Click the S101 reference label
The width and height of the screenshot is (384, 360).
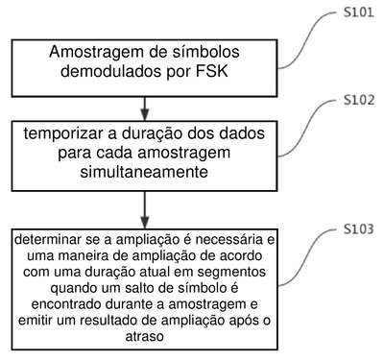coord(359,12)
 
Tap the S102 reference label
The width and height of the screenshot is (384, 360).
coord(359,100)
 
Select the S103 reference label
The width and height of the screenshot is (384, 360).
coord(358,229)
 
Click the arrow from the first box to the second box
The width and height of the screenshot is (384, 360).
coord(145,108)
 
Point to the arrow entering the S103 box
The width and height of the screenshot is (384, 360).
coord(145,210)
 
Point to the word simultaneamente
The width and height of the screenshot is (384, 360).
coord(144,172)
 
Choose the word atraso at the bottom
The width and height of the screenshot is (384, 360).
coord(144,337)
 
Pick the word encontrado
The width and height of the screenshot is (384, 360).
coord(65,304)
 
